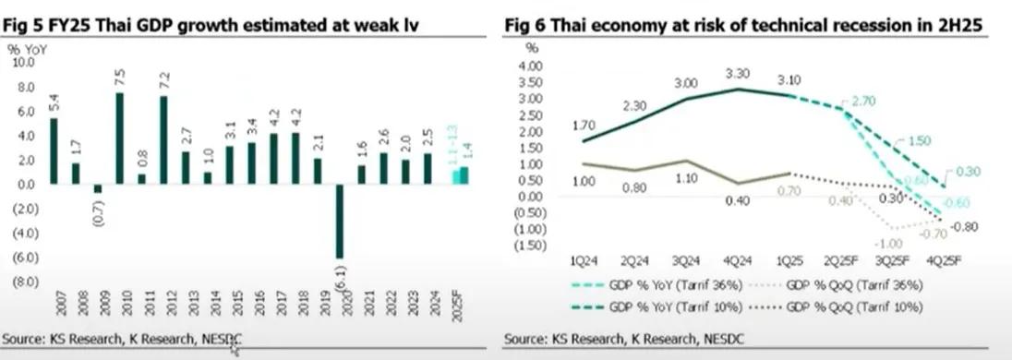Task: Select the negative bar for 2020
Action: pos(340,222)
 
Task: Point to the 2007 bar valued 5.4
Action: pos(54,150)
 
